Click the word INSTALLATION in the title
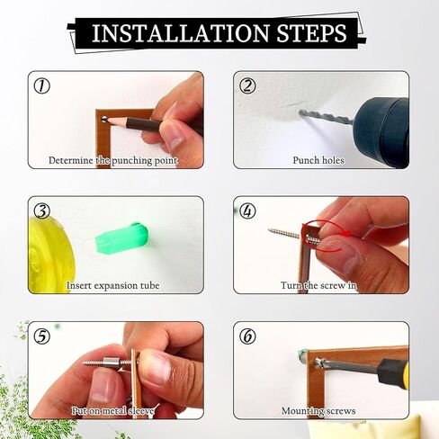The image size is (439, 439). tap(180, 32)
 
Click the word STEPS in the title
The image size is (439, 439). tap(312, 32)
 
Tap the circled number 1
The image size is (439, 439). tap(41, 85)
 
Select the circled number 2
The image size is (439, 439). tap(247, 85)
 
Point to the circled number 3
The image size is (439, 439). tap(41, 211)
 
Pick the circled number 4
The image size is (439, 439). tap(247, 211)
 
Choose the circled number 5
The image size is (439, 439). tap(41, 336)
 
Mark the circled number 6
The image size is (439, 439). tap(247, 336)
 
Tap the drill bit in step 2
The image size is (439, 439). tap(326, 118)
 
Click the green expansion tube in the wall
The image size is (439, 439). tap(121, 237)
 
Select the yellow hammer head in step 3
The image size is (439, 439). tap(48, 255)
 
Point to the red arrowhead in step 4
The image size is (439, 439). tap(347, 234)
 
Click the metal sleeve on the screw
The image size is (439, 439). tap(110, 363)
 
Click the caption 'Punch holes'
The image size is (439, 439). tap(318, 160)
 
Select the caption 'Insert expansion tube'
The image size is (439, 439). tap(112, 285)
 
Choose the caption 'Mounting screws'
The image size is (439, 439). tap(318, 411)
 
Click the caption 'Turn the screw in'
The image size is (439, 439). tap(318, 285)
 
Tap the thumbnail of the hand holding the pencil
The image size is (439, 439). tap(116, 120)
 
